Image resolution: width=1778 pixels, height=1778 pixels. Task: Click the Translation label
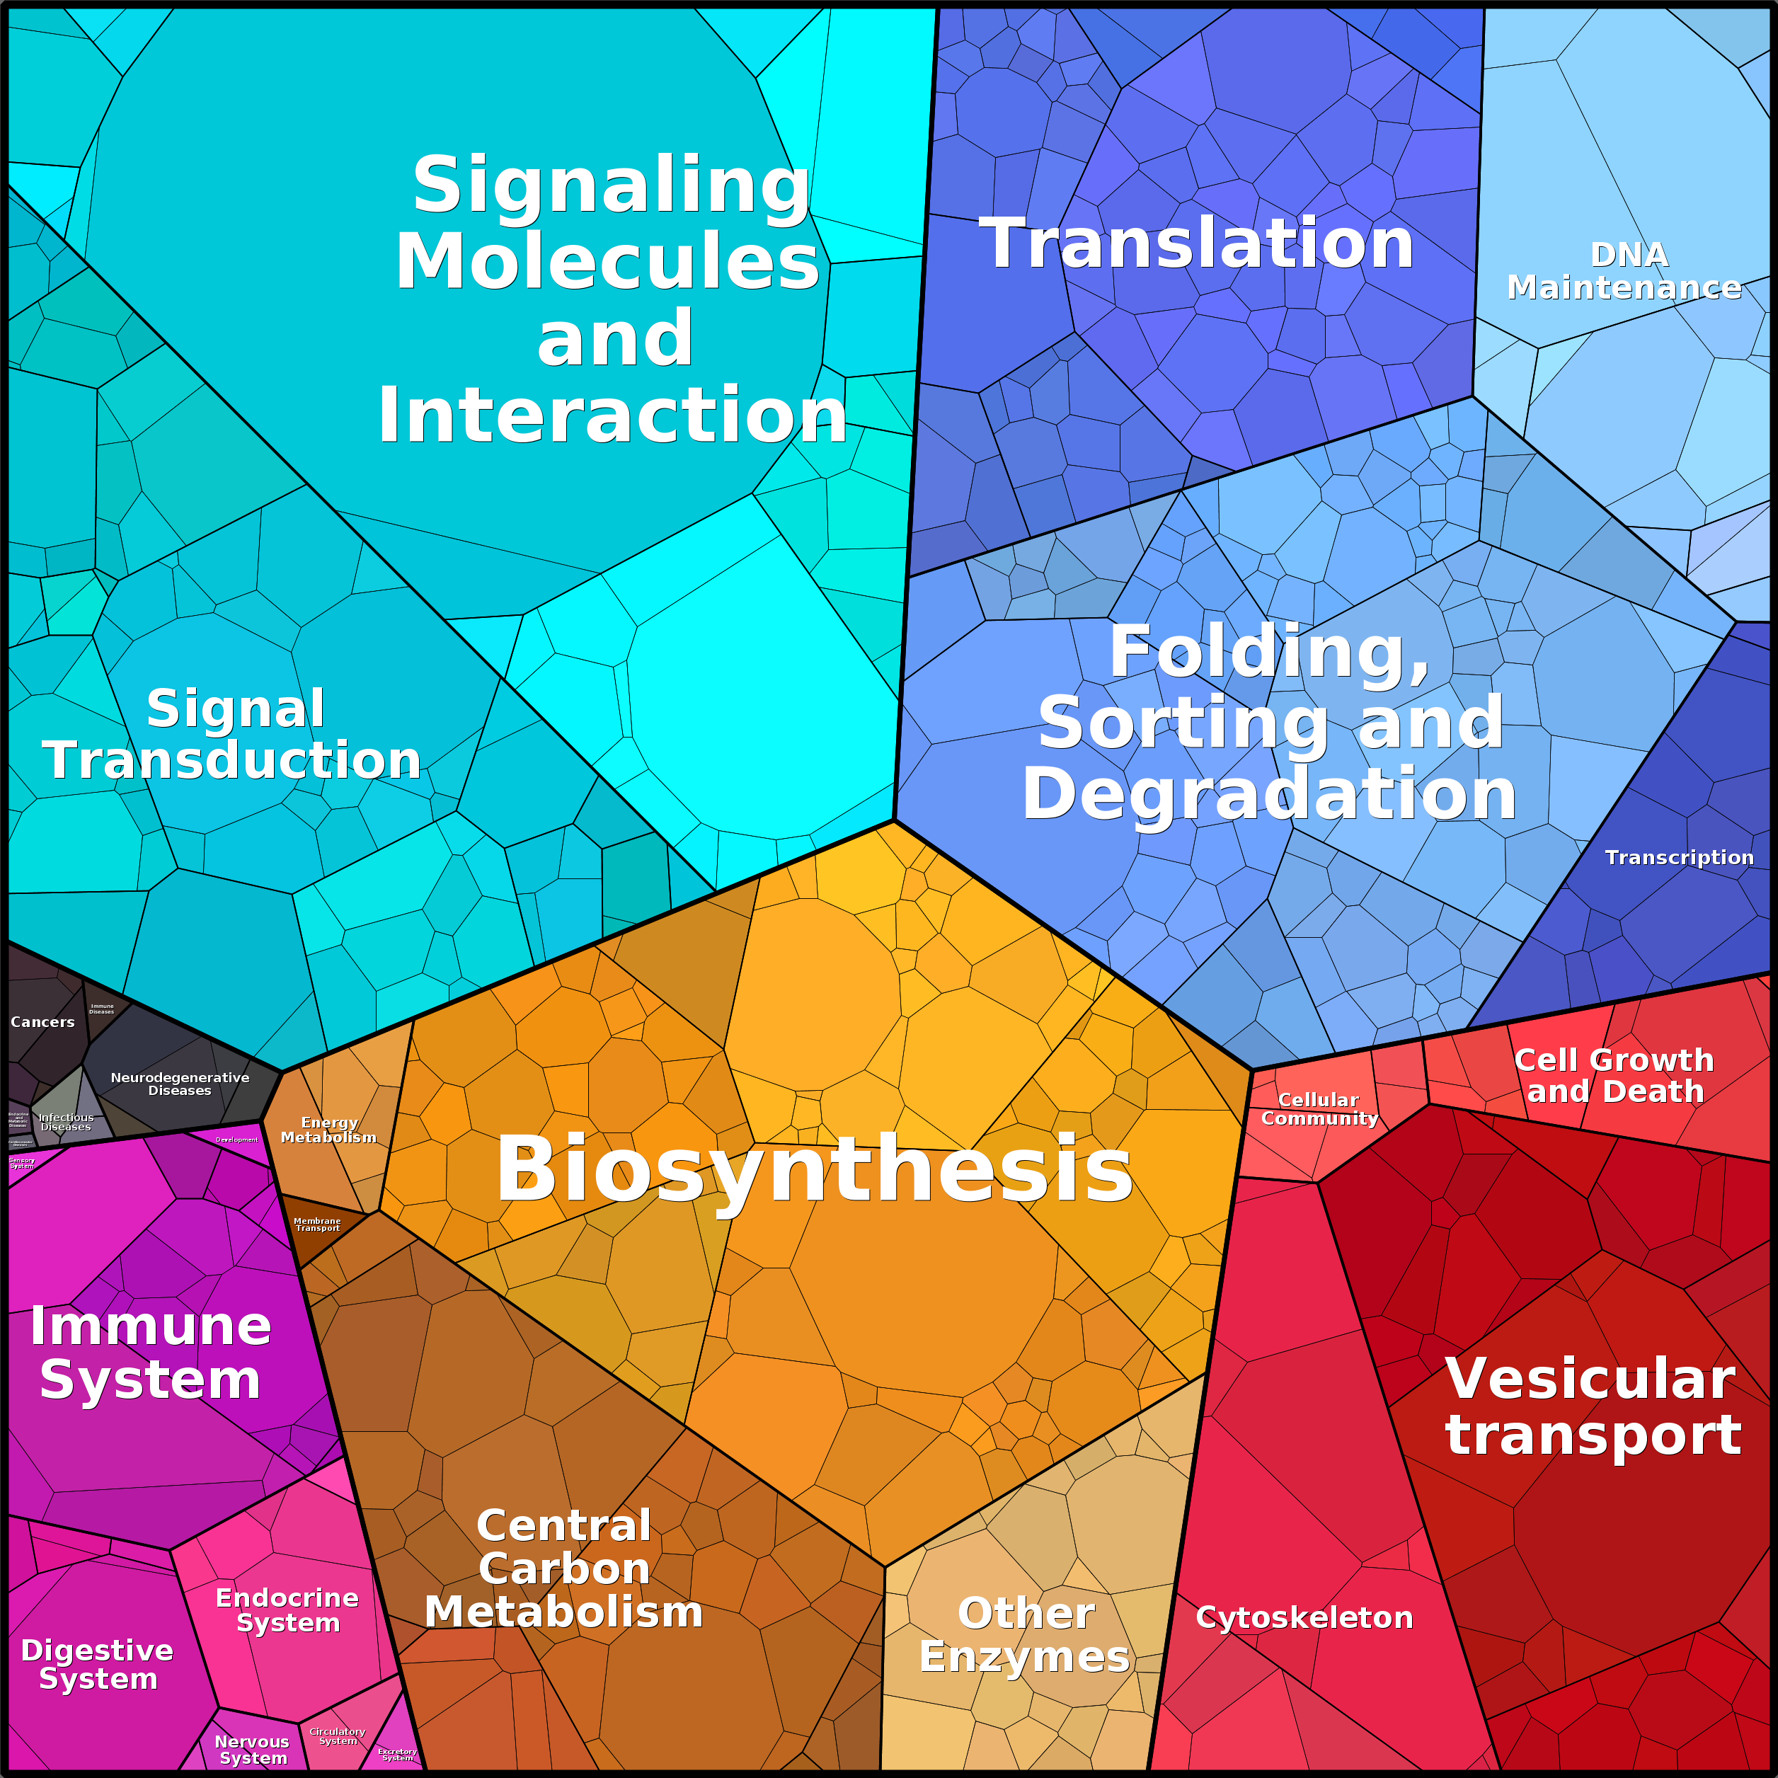tap(1195, 244)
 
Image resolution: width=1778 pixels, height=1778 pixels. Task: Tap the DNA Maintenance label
tap(1624, 272)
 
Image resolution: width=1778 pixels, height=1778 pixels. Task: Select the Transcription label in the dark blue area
tap(1679, 858)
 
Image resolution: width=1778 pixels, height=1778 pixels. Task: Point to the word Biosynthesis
tap(815, 1169)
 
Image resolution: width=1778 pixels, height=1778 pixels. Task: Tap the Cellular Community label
tap(1319, 1109)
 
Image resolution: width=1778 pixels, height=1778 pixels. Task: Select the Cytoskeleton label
tap(1304, 1618)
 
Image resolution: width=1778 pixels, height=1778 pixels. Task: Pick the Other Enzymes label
tap(1024, 1635)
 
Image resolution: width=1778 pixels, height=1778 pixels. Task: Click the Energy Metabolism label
tap(328, 1130)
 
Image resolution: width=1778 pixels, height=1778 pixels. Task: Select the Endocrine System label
tap(287, 1610)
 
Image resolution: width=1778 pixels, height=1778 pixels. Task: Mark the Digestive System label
tap(98, 1664)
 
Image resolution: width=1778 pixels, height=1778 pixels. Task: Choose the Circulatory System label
tap(338, 1736)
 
